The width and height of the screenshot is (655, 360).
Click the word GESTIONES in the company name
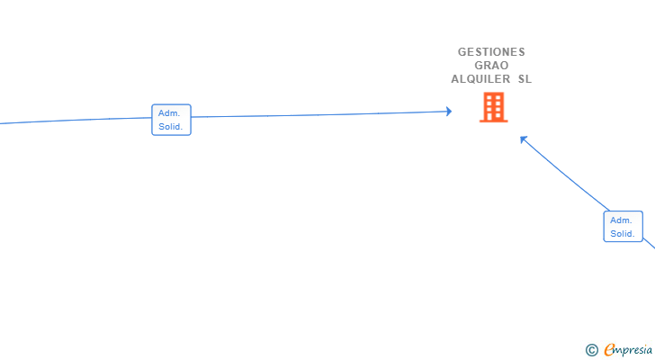491,52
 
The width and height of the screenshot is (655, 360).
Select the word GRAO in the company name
491,66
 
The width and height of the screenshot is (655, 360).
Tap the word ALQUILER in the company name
480,79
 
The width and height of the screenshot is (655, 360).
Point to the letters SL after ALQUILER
524,79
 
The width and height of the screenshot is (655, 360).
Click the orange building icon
493,107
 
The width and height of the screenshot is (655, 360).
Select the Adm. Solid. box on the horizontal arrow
171,120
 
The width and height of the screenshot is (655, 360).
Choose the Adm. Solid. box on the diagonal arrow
623,227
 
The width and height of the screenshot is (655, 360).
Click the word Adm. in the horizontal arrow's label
169,113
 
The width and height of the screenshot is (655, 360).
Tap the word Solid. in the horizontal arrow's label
171,127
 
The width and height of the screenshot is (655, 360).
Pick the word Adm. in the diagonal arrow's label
621,220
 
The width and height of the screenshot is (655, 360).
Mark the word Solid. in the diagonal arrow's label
623,234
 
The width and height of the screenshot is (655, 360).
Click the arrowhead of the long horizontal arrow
448,112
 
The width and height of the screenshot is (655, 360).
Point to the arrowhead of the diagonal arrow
524,139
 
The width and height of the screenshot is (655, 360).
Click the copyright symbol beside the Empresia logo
592,350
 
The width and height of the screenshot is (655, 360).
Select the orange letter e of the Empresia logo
609,350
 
